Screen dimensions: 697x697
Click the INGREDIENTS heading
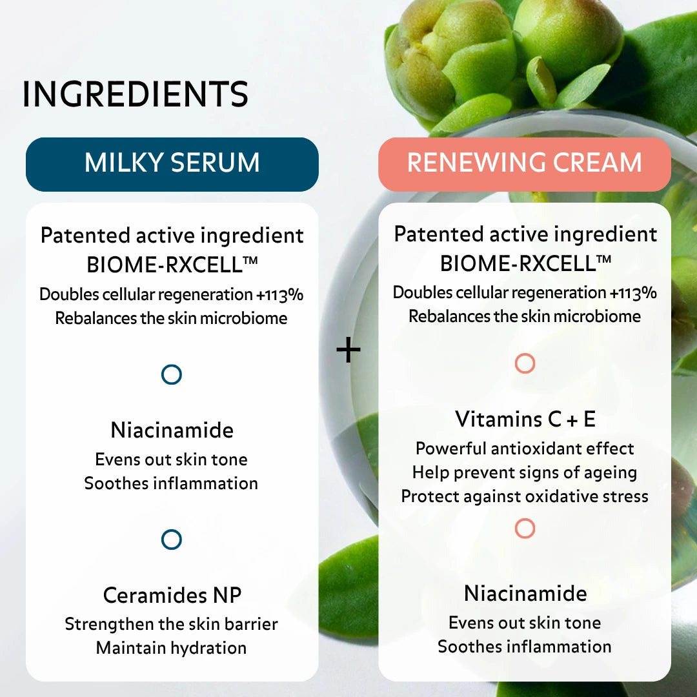pyautogui.click(x=136, y=94)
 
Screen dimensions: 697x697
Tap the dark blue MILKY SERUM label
pyautogui.click(x=172, y=163)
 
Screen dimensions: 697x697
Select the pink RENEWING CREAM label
pyautogui.click(x=525, y=163)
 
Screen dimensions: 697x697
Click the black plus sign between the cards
pyautogui.click(x=348, y=350)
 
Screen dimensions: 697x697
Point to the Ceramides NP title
pyautogui.click(x=172, y=595)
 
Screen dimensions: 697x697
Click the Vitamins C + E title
pyautogui.click(x=525, y=419)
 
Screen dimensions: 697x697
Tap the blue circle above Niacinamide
pyautogui.click(x=172, y=374)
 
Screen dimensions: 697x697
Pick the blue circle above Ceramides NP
pyautogui.click(x=172, y=540)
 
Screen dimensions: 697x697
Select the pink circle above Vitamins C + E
pyautogui.click(x=525, y=364)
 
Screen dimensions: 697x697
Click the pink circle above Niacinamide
pyautogui.click(x=525, y=529)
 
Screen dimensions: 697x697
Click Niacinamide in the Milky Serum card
pyautogui.click(x=172, y=430)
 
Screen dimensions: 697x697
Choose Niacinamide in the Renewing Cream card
pyautogui.click(x=525, y=593)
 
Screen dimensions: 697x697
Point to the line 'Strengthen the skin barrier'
pyautogui.click(x=172, y=624)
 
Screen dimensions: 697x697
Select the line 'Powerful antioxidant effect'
pyautogui.click(x=525, y=449)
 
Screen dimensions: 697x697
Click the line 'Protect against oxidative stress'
pyautogui.click(x=525, y=496)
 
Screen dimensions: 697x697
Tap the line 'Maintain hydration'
pyautogui.click(x=172, y=647)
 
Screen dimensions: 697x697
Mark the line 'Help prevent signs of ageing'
pyautogui.click(x=525, y=472)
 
